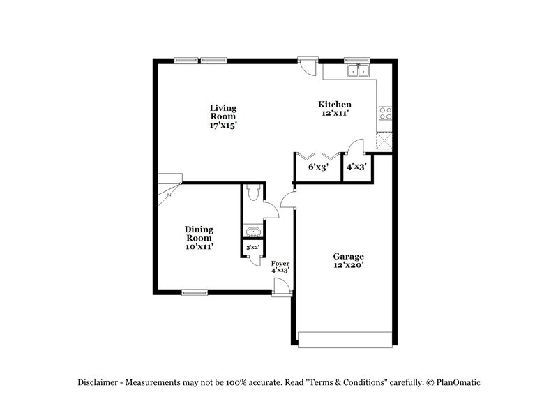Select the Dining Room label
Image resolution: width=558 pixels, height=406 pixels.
tap(199, 237)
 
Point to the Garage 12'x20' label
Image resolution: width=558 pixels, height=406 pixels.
tap(348, 260)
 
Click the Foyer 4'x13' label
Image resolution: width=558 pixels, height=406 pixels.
tap(280, 266)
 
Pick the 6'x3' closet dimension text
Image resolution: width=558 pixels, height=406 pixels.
tap(317, 167)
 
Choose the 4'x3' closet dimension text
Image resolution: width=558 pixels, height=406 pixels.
tap(356, 167)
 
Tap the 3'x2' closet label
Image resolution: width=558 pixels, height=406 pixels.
tap(251, 247)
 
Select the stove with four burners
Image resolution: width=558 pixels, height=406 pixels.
tap(385, 114)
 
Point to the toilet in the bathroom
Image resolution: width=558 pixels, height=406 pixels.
tap(253, 192)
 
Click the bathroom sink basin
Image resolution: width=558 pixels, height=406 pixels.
tap(252, 232)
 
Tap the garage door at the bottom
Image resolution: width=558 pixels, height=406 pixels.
tap(345, 340)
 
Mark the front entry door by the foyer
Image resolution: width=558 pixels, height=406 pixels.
tap(281, 287)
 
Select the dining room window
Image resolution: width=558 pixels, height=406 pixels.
tap(195, 292)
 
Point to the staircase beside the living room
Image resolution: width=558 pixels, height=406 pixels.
tap(167, 189)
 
